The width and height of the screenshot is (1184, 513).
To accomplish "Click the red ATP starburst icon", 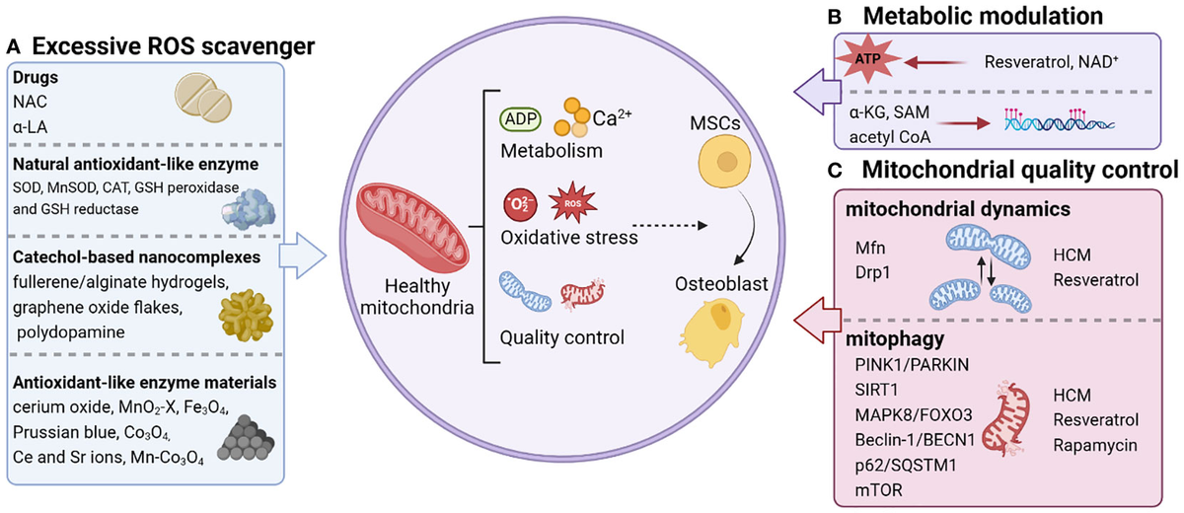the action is [x=867, y=58].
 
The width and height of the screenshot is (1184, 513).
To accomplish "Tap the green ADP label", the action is [x=520, y=118].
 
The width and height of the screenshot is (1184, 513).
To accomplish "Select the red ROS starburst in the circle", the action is [x=572, y=202].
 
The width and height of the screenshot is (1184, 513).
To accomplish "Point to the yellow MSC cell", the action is [x=724, y=161].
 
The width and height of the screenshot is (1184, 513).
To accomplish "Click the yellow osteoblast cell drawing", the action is [x=711, y=331].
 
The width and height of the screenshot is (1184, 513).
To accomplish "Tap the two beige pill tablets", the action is [x=203, y=99].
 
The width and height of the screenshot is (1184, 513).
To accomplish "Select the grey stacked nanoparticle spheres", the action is [x=246, y=438].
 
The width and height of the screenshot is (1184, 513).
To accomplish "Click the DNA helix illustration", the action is [x=1059, y=120].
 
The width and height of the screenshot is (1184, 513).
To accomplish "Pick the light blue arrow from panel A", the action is [x=302, y=256].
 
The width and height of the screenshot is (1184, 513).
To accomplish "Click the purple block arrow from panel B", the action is [x=817, y=92].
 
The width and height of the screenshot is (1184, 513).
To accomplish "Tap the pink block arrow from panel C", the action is [x=817, y=321].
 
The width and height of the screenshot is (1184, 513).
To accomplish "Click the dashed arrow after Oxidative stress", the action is [x=670, y=226].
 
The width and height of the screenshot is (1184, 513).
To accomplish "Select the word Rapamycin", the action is [x=1095, y=445].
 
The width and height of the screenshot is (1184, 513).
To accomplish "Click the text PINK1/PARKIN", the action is [x=912, y=365].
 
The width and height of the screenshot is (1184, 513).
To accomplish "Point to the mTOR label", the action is [x=878, y=489].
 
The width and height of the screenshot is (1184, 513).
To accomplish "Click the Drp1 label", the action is [x=872, y=272].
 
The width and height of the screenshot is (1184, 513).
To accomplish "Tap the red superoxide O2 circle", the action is [x=520, y=205].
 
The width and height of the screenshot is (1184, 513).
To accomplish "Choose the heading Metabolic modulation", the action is [x=983, y=16].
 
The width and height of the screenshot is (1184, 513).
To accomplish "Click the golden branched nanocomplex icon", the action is [x=246, y=316].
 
